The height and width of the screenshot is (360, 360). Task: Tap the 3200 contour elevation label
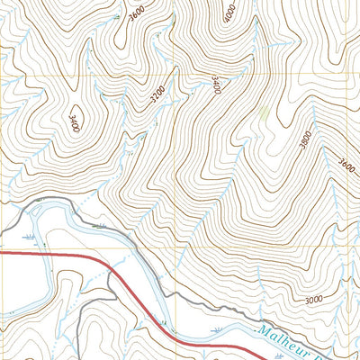(158, 95)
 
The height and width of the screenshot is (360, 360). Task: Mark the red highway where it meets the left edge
(1, 254)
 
